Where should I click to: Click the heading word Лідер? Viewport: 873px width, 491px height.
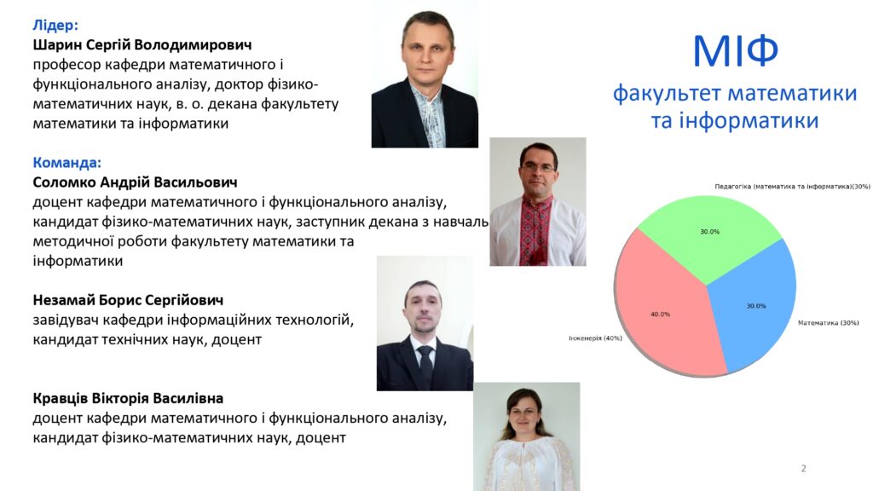pyautogui.click(x=55, y=25)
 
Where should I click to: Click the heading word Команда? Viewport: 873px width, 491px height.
pyautogui.click(x=66, y=163)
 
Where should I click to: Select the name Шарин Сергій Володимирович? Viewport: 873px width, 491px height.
pyautogui.click(x=142, y=44)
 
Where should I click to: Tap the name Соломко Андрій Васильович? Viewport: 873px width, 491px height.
pyautogui.click(x=135, y=182)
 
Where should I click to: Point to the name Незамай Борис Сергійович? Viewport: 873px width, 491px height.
pyautogui.click(x=128, y=300)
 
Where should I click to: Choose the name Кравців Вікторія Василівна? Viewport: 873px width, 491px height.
pyautogui.click(x=128, y=398)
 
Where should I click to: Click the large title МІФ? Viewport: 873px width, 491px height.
pyautogui.click(x=735, y=51)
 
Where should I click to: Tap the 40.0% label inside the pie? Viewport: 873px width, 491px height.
pyautogui.click(x=661, y=315)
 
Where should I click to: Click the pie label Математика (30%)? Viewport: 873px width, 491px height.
pyautogui.click(x=829, y=323)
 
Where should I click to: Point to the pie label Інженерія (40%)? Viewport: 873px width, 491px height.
pyautogui.click(x=595, y=338)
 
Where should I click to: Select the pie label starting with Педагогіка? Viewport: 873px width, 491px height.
pyautogui.click(x=792, y=187)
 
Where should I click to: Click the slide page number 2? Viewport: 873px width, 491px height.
pyautogui.click(x=803, y=469)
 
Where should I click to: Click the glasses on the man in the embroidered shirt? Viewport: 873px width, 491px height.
pyautogui.click(x=538, y=167)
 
